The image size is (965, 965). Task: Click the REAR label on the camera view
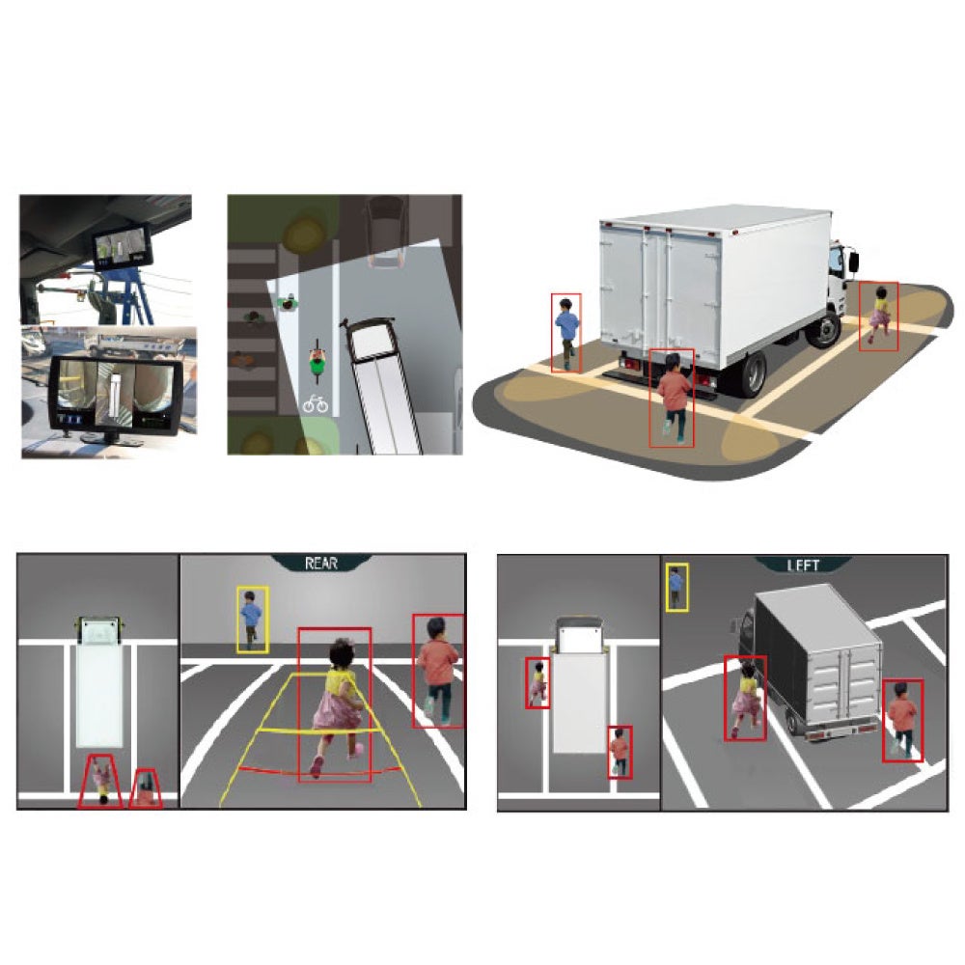click(321, 564)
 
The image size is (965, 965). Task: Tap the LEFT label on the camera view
click(803, 565)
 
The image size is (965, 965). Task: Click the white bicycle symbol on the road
click(316, 403)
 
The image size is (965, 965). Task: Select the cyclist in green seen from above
click(317, 360)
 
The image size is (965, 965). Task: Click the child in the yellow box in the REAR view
click(251, 620)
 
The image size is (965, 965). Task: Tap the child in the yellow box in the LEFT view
click(676, 587)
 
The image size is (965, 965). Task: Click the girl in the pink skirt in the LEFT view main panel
click(745, 698)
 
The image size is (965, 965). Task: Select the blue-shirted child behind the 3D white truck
click(566, 332)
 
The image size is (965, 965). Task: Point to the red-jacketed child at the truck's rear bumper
click(673, 397)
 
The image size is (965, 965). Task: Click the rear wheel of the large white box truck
click(752, 373)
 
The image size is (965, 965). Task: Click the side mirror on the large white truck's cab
click(854, 261)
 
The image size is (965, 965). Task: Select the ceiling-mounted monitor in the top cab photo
click(122, 246)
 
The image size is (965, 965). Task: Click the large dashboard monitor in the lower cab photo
click(115, 395)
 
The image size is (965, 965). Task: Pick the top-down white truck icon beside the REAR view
click(99, 682)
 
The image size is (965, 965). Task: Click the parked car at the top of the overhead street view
click(386, 232)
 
